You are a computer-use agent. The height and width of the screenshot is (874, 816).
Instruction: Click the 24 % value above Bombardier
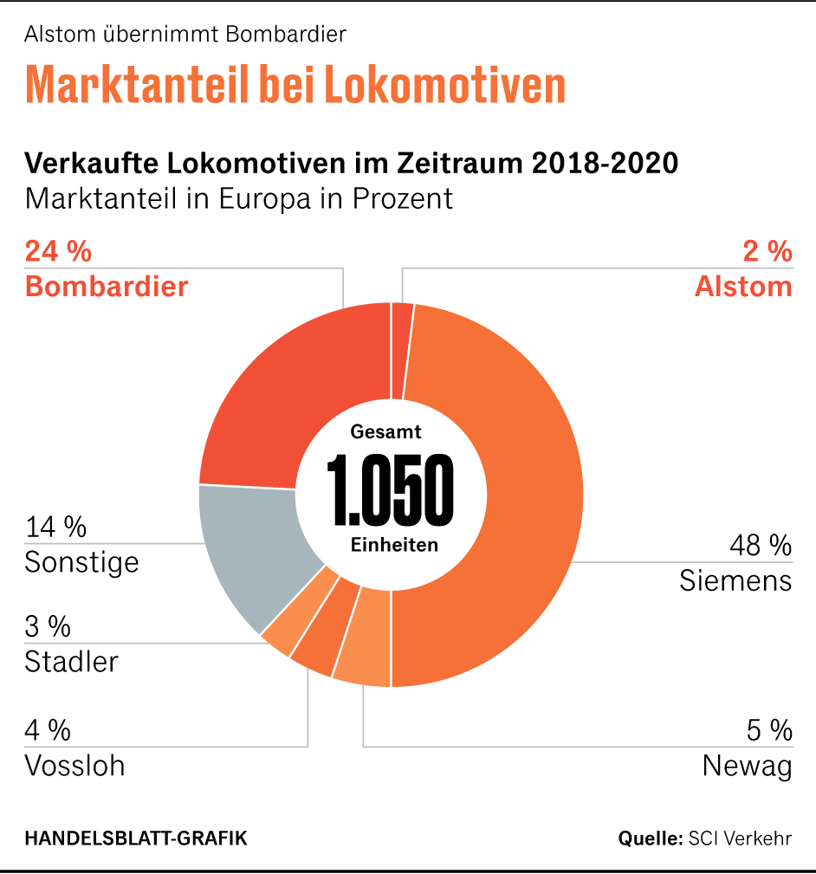pyautogui.click(x=58, y=252)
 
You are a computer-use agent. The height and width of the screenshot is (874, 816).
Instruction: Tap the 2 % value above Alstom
pyautogui.click(x=767, y=252)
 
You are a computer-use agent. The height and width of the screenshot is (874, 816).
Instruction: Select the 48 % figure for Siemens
pyautogui.click(x=760, y=546)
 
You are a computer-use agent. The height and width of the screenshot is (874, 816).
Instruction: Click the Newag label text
pyautogui.click(x=747, y=767)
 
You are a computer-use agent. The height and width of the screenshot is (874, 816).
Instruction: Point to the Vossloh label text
pyautogui.click(x=74, y=767)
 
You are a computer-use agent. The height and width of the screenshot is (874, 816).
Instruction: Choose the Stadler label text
pyautogui.click(x=71, y=663)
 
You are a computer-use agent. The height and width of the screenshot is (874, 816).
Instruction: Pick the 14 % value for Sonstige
pyautogui.click(x=56, y=527)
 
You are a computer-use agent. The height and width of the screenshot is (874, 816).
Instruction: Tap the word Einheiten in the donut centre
pyautogui.click(x=394, y=546)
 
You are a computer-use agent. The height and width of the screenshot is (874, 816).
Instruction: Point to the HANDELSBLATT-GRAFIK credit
pyautogui.click(x=136, y=838)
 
